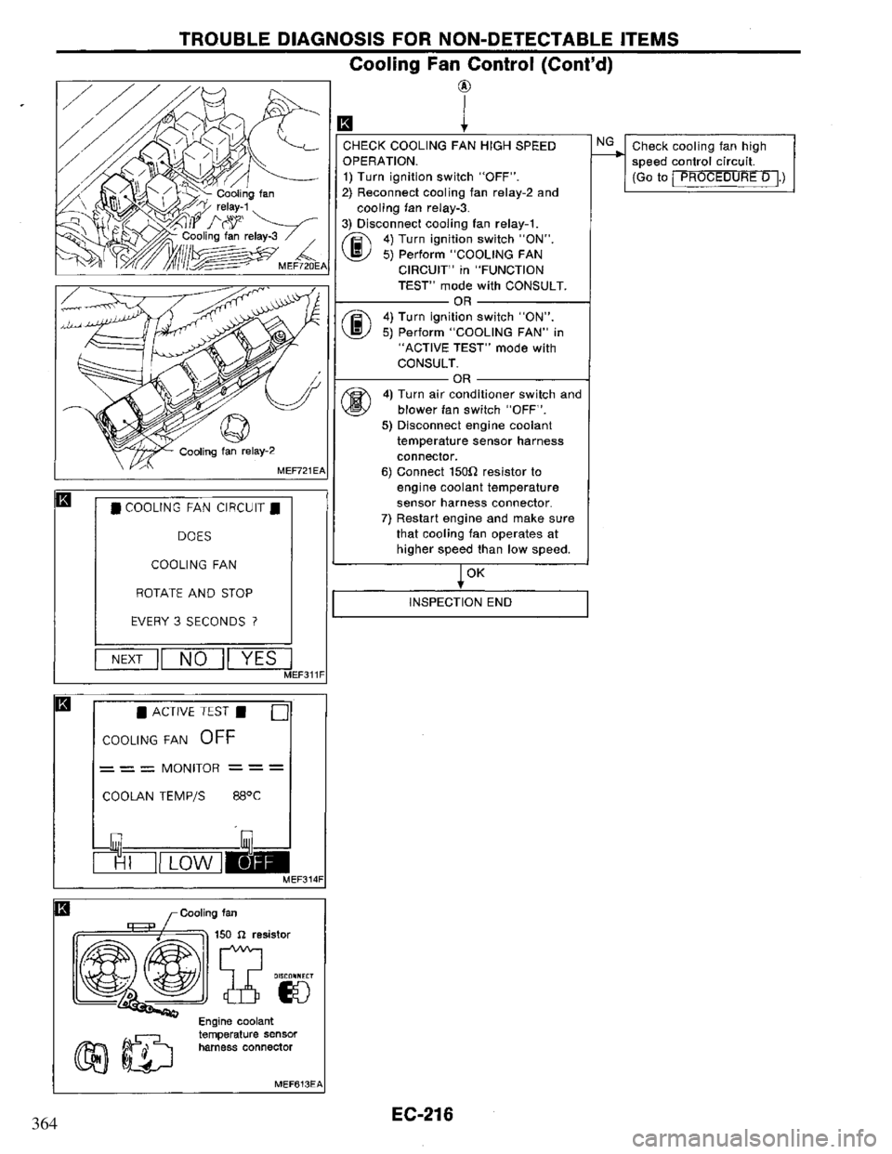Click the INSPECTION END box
463,602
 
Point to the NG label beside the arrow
602,143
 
